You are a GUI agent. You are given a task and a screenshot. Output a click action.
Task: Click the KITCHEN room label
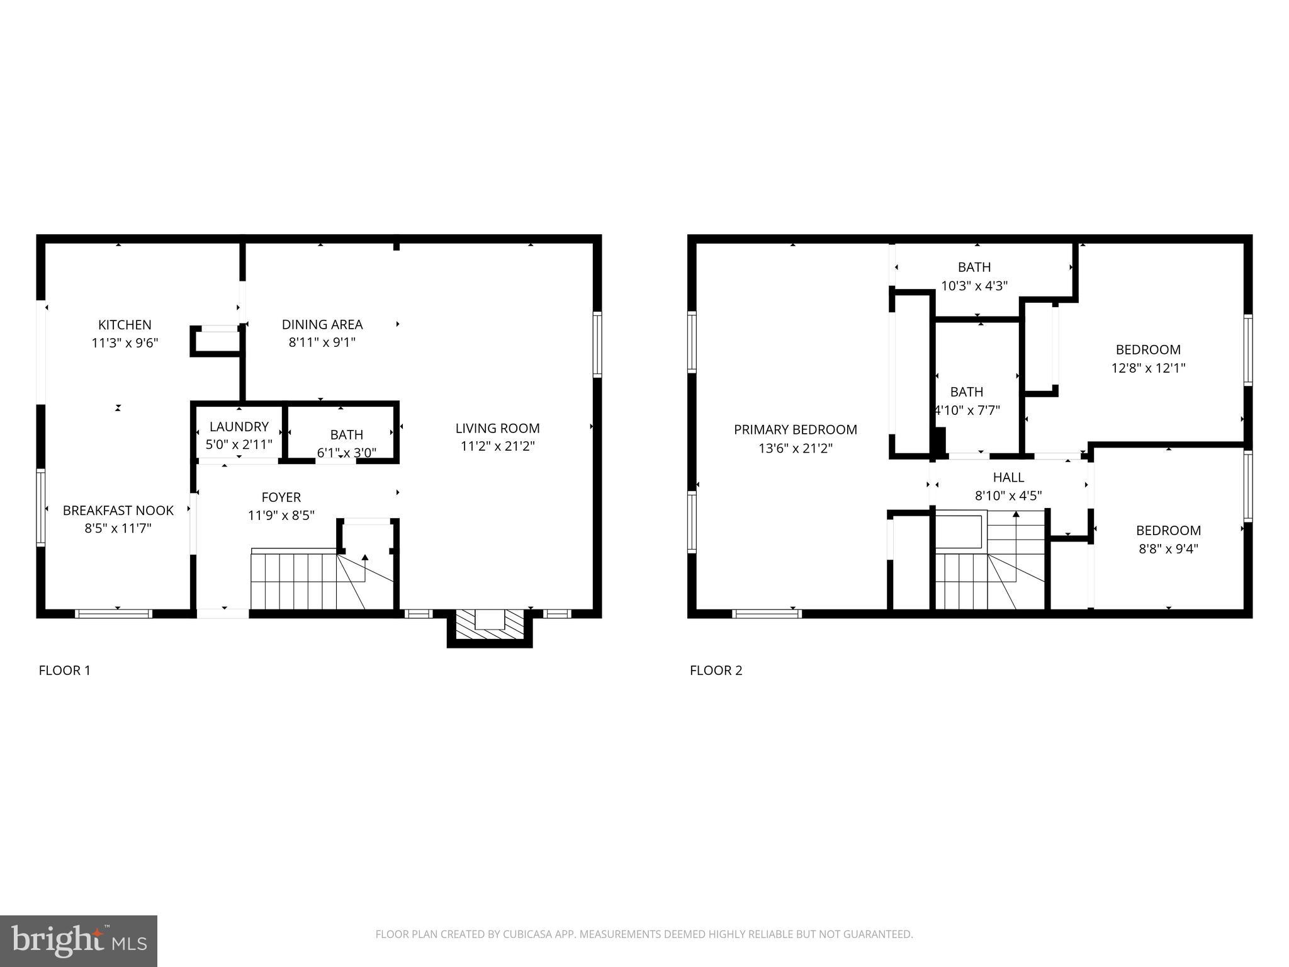pyautogui.click(x=125, y=325)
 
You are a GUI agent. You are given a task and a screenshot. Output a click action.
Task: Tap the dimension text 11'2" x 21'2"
pyautogui.click(x=497, y=446)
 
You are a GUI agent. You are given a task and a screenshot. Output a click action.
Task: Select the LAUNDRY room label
pyautogui.click(x=239, y=426)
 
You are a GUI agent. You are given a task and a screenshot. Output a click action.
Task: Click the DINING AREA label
pyautogui.click(x=322, y=325)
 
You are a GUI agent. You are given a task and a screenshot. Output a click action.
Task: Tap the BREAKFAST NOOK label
pyautogui.click(x=118, y=511)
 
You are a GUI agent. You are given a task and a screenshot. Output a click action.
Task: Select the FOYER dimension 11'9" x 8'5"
pyautogui.click(x=281, y=516)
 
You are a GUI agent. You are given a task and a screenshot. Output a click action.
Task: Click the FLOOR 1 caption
pyautogui.click(x=65, y=670)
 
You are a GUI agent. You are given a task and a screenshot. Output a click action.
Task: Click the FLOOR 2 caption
pyautogui.click(x=716, y=670)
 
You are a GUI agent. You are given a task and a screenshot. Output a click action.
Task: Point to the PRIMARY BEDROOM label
pyautogui.click(x=795, y=430)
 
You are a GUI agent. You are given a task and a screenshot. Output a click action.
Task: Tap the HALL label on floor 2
pyautogui.click(x=1008, y=477)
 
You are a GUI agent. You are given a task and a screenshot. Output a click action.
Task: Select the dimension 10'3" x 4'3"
pyautogui.click(x=974, y=286)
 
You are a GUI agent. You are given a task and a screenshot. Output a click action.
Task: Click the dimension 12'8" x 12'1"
pyautogui.click(x=1148, y=368)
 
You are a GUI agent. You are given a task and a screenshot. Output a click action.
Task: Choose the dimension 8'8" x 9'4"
pyautogui.click(x=1168, y=548)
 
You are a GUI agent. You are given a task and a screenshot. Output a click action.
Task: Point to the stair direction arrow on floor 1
pyautogui.click(x=365, y=558)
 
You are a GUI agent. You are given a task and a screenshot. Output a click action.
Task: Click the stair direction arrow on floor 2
pyautogui.click(x=1015, y=514)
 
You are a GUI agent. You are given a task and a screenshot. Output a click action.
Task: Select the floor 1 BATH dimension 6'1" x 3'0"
pyautogui.click(x=346, y=452)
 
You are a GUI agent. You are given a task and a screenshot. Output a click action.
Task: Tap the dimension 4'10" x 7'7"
pyautogui.click(x=967, y=410)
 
